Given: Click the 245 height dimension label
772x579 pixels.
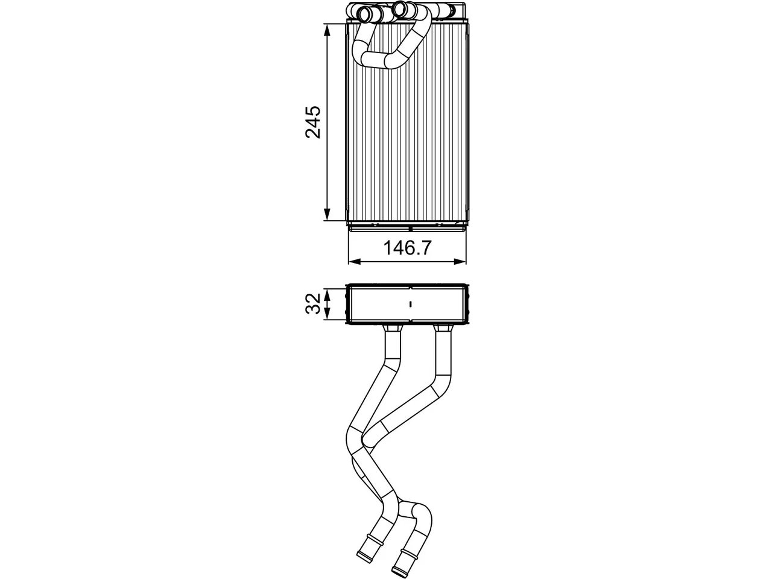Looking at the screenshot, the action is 312,122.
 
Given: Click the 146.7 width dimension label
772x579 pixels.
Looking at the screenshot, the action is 407,248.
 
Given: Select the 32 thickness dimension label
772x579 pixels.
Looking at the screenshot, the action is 312,303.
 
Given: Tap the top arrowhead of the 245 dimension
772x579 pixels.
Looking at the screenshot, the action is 327,31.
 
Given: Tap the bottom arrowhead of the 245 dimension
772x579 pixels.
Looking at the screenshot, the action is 327,214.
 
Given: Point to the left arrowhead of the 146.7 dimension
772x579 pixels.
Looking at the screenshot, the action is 355,261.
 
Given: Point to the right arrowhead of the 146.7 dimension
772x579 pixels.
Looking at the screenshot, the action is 460,261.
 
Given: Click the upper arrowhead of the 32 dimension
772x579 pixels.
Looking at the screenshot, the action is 327,294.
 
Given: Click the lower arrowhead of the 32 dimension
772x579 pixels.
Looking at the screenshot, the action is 327,314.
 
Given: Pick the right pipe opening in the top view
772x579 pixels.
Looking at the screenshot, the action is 400,10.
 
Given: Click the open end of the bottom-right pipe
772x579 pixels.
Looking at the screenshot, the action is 401,572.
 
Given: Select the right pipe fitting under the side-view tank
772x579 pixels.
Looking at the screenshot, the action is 443,328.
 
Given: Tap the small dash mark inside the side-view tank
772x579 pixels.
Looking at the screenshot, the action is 411,303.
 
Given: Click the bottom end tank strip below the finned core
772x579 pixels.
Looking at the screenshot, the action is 407,228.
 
